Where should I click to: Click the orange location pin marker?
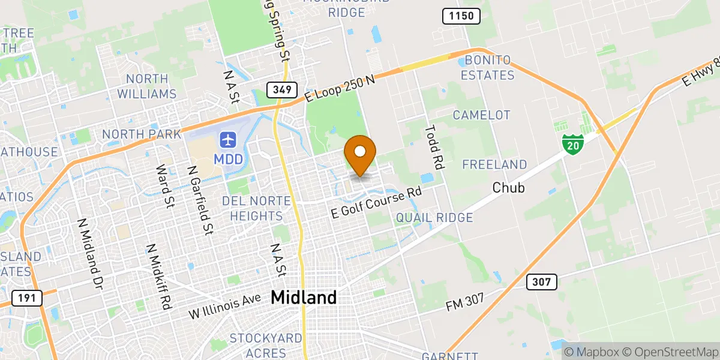click(361, 154)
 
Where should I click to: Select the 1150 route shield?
click(461, 16)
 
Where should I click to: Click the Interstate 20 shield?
click(573, 144)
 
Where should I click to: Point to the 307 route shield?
click(542, 281)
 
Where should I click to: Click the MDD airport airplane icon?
click(228, 140)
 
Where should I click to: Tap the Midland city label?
click(304, 297)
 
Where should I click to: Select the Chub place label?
click(508, 188)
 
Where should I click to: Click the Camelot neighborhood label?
click(481, 115)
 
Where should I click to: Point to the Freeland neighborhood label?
click(494, 164)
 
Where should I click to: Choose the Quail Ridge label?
click(434, 218)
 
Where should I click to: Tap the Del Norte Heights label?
click(252, 208)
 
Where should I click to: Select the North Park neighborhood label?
click(142, 134)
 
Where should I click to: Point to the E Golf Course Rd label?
click(377, 202)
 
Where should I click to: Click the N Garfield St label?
click(200, 200)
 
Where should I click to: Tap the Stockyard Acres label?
click(266, 346)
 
